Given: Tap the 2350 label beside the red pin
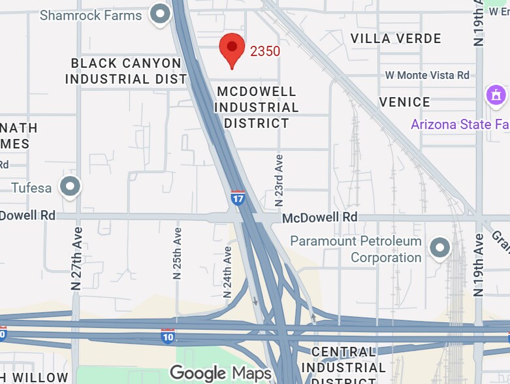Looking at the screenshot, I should tap(264, 51).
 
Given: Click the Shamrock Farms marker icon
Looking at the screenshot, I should tap(160, 14).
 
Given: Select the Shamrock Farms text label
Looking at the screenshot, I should tap(91, 14).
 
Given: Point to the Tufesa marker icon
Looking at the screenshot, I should tap(70, 187).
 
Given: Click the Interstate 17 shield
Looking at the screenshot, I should tap(238, 198).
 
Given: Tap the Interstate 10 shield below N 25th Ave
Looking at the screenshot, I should tap(168, 336).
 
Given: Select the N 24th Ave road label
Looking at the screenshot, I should tap(227, 272).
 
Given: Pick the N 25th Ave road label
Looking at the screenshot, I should tap(177, 253).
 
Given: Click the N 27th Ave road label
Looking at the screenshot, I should tap(77, 258).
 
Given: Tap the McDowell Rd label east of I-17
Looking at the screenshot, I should tap(319, 217).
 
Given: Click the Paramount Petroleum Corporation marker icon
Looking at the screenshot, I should tap(441, 249).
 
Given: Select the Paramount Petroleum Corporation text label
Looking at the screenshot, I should tap(356, 249).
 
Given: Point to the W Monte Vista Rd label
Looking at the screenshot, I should tap(427, 75).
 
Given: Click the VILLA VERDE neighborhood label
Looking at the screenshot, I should tap(396, 39).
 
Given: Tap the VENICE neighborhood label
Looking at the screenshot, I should tap(404, 102).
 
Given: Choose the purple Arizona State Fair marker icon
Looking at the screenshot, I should tap(496, 95).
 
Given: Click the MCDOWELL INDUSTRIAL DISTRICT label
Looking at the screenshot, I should tap(256, 107).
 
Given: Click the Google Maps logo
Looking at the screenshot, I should tap(220, 373).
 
